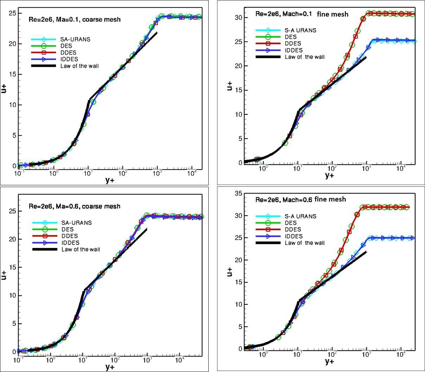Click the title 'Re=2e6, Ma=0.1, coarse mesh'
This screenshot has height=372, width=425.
(75, 19)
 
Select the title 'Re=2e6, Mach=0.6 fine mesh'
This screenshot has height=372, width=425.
(301, 199)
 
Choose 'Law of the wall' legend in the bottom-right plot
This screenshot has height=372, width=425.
(305, 243)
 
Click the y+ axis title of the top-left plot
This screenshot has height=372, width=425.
(110, 180)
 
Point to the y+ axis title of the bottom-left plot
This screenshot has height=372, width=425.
(110, 367)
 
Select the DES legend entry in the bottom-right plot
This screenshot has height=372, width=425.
(290, 223)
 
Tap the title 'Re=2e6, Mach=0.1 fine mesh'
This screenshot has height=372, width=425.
(302, 14)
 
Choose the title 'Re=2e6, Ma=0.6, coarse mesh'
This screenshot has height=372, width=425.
(75, 206)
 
